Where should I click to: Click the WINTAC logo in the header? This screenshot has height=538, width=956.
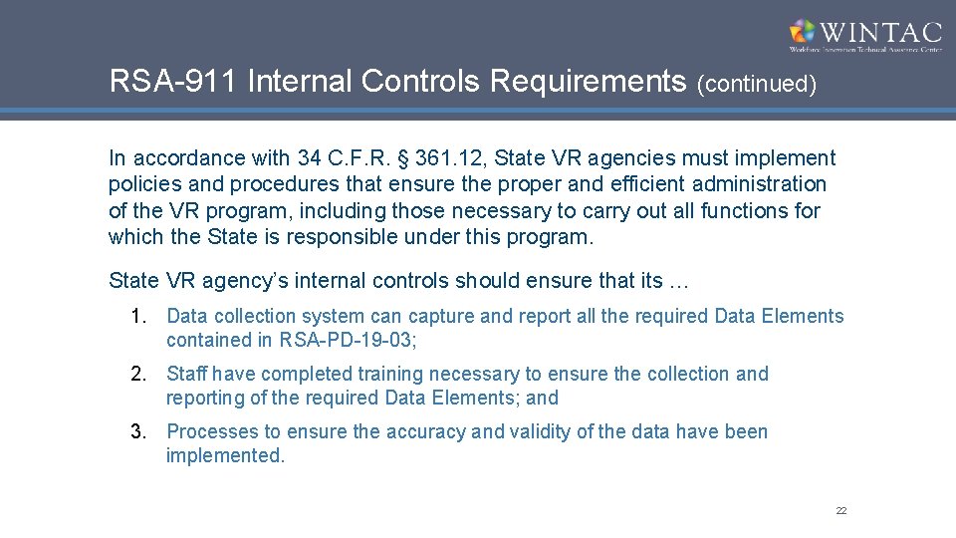click(x=864, y=35)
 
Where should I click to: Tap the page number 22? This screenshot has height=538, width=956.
click(x=841, y=511)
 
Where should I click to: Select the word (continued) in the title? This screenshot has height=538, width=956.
click(x=757, y=84)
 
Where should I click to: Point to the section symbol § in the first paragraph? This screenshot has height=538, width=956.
click(x=404, y=158)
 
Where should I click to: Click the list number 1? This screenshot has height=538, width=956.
click(x=139, y=317)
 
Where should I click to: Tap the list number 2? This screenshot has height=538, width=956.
click(x=139, y=375)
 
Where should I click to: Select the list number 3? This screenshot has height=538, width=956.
click(x=139, y=432)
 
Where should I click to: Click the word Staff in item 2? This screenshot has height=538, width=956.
click(x=186, y=375)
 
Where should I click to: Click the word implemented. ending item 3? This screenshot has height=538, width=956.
click(x=225, y=456)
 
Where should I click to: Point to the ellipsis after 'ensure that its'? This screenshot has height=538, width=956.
click(x=678, y=281)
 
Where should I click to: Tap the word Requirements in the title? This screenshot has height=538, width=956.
click(x=589, y=81)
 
